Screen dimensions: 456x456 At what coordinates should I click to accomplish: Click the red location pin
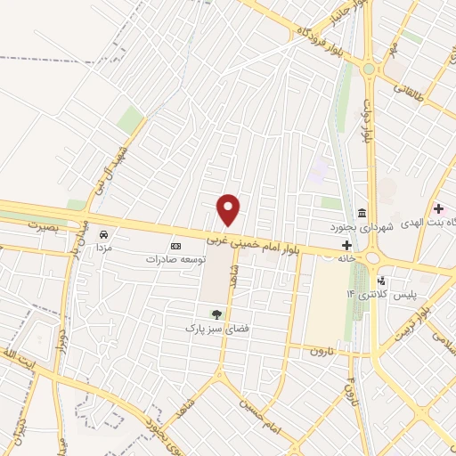coord(229,210)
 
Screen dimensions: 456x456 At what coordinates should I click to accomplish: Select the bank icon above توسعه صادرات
coord(175,246)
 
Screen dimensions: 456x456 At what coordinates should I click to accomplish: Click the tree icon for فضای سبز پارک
coord(215,313)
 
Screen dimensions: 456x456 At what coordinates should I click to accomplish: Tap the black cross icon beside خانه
coord(347,245)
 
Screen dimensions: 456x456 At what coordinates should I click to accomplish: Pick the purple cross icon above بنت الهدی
coord(438,208)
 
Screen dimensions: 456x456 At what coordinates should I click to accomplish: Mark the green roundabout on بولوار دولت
coord(369,69)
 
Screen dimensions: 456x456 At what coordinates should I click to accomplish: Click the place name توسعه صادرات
coord(176,259)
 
